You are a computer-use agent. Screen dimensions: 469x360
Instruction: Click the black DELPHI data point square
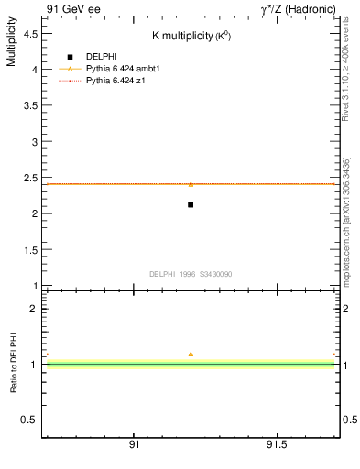click(191, 204)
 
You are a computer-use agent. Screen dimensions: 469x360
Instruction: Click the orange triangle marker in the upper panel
click(191, 184)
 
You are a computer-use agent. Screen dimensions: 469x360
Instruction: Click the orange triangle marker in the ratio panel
click(191, 354)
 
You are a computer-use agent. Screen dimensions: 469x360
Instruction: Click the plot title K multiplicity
click(191, 36)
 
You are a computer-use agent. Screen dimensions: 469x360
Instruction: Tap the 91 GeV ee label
click(72, 8)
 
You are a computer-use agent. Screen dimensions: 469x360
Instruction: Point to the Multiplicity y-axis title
click(11, 46)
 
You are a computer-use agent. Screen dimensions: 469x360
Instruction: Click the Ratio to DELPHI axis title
click(14, 363)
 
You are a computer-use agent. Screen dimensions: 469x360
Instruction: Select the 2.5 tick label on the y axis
click(31, 178)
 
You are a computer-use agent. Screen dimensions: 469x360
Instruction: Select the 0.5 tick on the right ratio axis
click(349, 420)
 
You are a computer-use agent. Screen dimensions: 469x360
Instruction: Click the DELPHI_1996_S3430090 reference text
click(191, 274)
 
